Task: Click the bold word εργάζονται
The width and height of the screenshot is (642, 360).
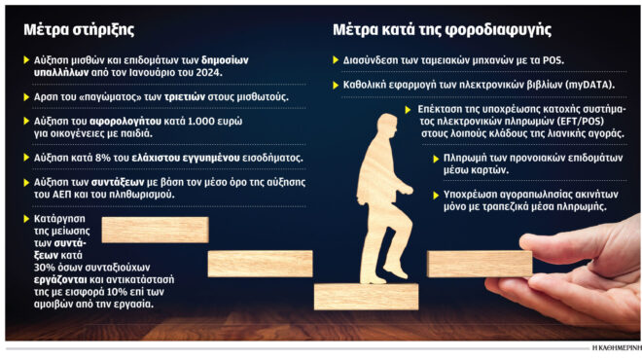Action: tap(61, 278)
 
